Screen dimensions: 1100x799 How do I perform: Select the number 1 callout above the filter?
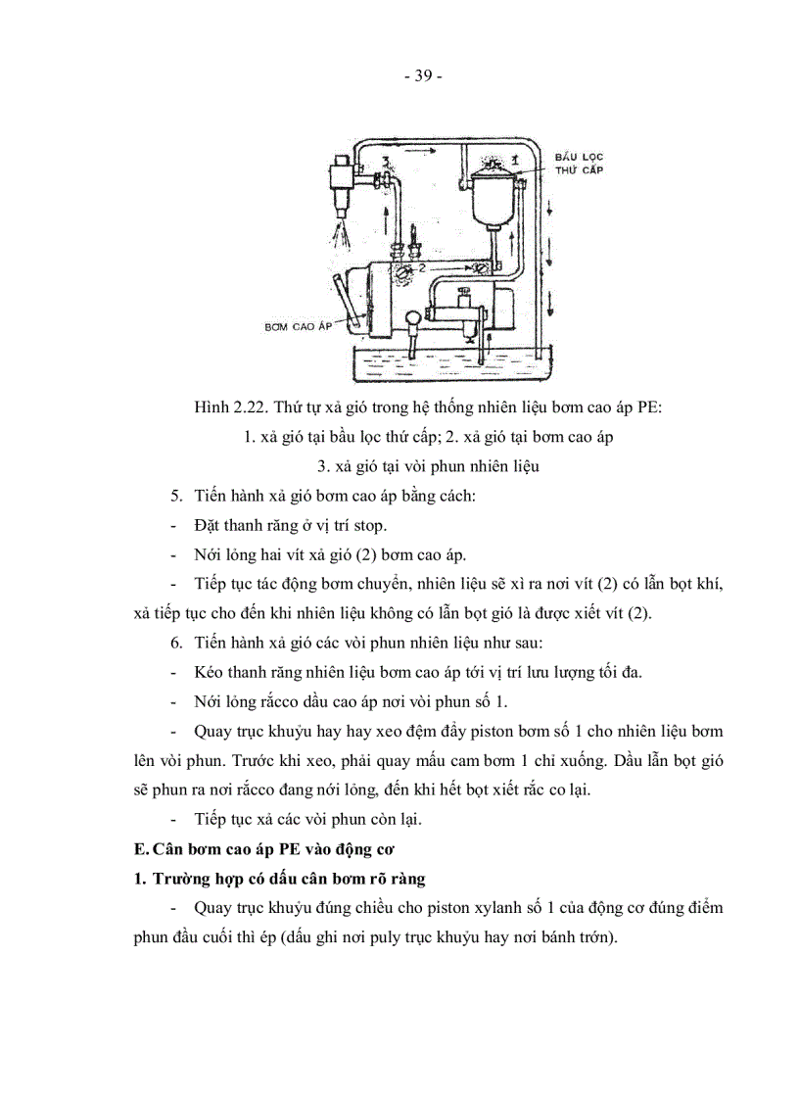click(x=513, y=158)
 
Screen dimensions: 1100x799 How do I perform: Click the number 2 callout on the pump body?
click(x=420, y=265)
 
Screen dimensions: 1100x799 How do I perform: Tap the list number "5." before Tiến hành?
click(x=176, y=496)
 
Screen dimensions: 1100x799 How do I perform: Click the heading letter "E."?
click(x=141, y=847)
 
